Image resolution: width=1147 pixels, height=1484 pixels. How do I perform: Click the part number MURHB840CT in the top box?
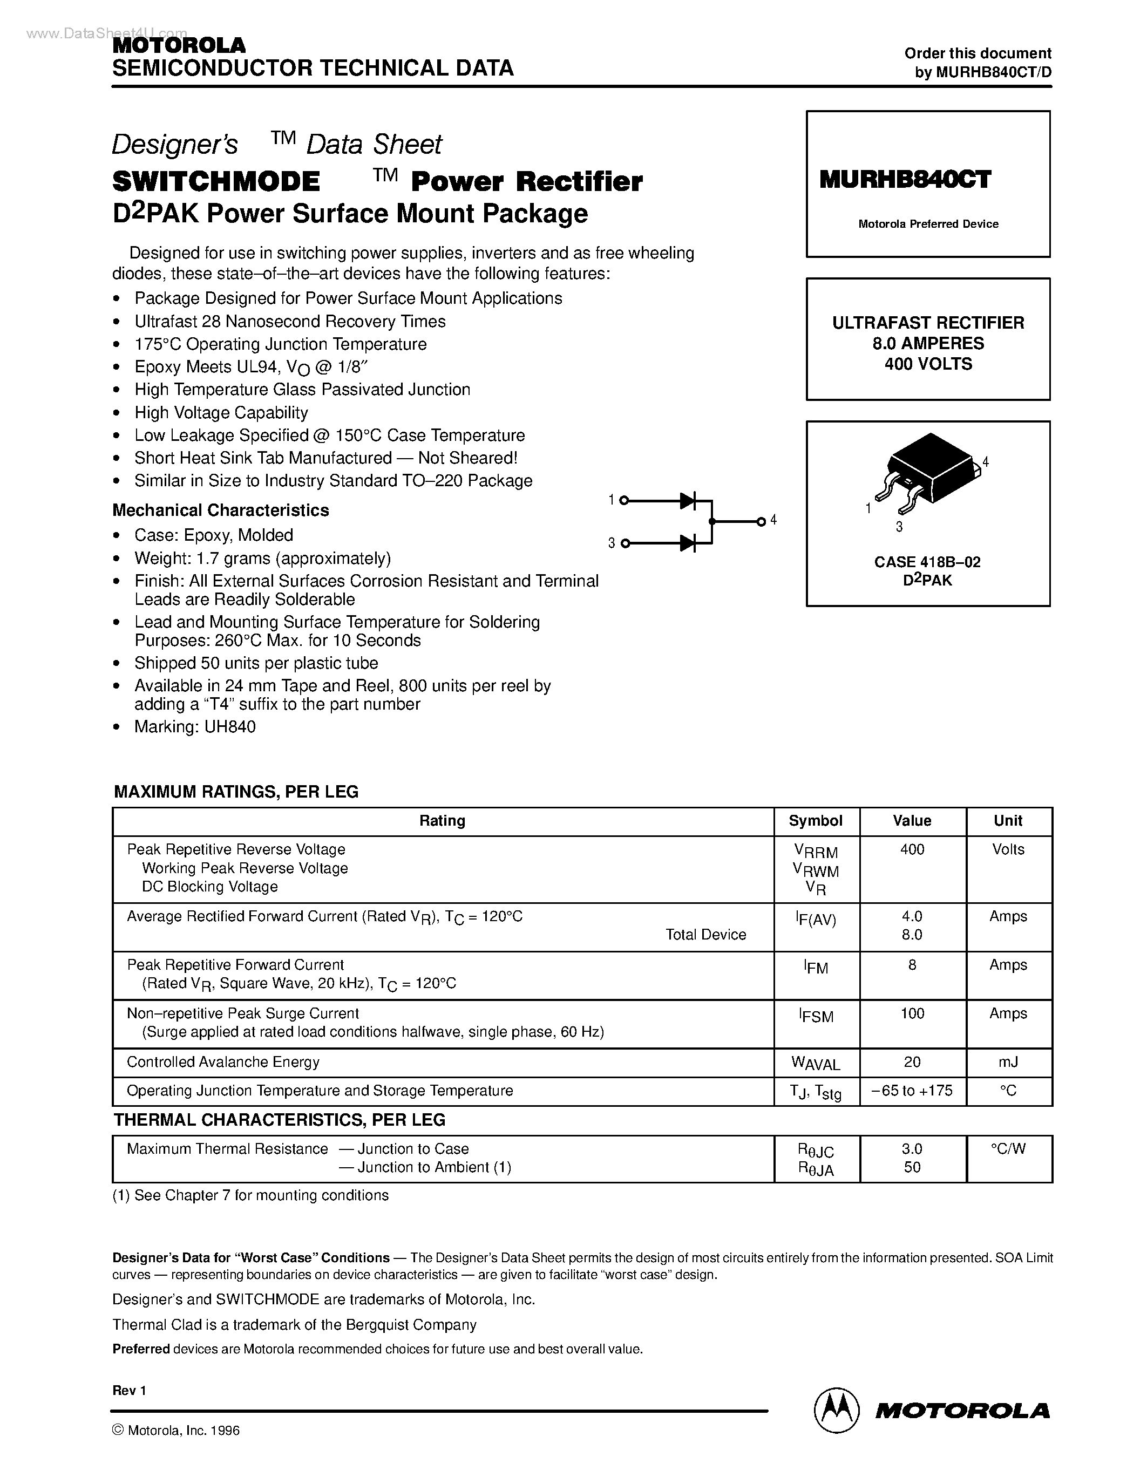tap(905, 179)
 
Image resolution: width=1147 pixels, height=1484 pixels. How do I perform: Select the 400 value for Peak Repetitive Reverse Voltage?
tap(912, 849)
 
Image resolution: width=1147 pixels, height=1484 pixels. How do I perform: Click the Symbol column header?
tap(816, 821)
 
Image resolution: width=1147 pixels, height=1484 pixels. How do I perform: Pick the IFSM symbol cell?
tap(816, 1016)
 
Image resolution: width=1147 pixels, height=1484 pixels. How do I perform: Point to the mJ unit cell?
tap(1008, 1062)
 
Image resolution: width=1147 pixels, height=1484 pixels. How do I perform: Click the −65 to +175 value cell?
tap(912, 1091)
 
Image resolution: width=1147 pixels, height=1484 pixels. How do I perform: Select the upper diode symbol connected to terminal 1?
tap(688, 501)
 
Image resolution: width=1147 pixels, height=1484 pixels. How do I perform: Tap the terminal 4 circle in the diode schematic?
tap(762, 521)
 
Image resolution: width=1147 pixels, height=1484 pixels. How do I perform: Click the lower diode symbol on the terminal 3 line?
tap(688, 543)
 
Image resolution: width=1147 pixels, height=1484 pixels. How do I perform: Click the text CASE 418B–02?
tap(927, 562)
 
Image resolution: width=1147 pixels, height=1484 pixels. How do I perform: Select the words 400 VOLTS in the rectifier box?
tap(928, 364)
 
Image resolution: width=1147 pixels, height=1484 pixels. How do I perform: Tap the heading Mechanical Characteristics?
tap(220, 510)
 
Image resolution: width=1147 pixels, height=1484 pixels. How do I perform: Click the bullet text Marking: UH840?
tap(195, 727)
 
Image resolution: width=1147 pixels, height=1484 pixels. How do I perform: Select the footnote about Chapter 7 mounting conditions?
tap(250, 1195)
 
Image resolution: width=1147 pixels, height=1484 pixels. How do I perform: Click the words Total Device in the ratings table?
tap(705, 935)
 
